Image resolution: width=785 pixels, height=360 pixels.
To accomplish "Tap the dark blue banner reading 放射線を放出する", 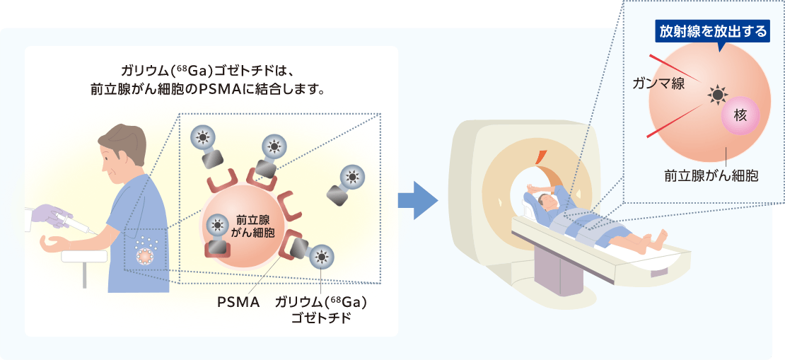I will tap(712, 32).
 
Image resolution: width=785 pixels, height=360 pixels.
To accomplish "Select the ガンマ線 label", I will tap(657, 83).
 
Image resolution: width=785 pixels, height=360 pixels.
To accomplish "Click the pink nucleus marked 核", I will tap(740, 115).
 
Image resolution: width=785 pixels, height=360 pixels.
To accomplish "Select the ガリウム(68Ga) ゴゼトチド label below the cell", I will tap(321, 310).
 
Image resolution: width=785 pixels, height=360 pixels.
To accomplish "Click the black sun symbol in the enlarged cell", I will tap(717, 95).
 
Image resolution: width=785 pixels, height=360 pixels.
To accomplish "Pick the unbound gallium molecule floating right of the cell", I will tap(344, 185).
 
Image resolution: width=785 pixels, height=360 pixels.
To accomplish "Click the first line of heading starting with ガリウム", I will tap(211, 71).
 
